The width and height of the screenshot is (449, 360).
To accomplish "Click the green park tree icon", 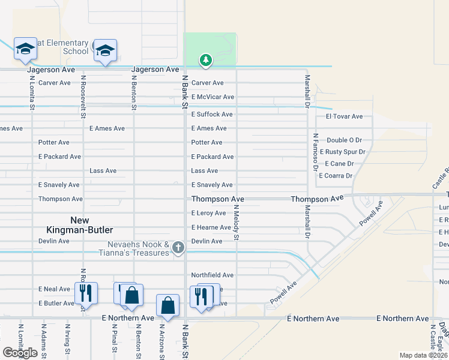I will (206, 60).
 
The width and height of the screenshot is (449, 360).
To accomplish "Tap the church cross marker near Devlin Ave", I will (178, 247).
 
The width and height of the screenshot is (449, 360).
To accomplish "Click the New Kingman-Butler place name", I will (80, 225).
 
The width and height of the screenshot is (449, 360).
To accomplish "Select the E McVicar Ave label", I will (212, 97).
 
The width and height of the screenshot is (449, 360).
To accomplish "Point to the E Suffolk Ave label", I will (212, 114).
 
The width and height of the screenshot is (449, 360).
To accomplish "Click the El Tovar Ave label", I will (344, 116).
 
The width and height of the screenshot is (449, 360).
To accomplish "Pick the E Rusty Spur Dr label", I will (342, 152).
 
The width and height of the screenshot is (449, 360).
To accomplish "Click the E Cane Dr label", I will (339, 163).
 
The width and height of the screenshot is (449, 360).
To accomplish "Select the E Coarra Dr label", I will (336, 176).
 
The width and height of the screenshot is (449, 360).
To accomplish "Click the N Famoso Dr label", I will (314, 151).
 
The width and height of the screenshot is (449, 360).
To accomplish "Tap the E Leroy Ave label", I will (208, 213).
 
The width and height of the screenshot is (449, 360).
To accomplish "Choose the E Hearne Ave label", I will (211, 227).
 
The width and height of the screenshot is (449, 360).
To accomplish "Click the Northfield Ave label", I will (212, 275).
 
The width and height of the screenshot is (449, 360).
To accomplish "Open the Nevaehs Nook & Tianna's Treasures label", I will (138, 248).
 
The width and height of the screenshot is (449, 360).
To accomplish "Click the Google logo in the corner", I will (20, 352).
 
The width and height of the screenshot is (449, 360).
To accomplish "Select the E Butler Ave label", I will (56, 303).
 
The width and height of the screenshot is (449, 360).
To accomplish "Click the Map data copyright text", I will (423, 355).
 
